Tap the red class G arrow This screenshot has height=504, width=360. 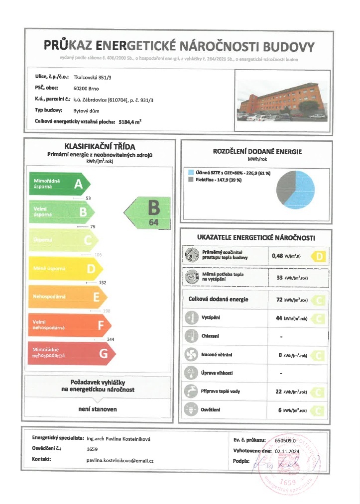pyautogui.click(x=72, y=354)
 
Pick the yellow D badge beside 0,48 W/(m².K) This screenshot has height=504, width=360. pyautogui.click(x=319, y=257)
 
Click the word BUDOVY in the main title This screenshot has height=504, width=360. pyautogui.click(x=289, y=47)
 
